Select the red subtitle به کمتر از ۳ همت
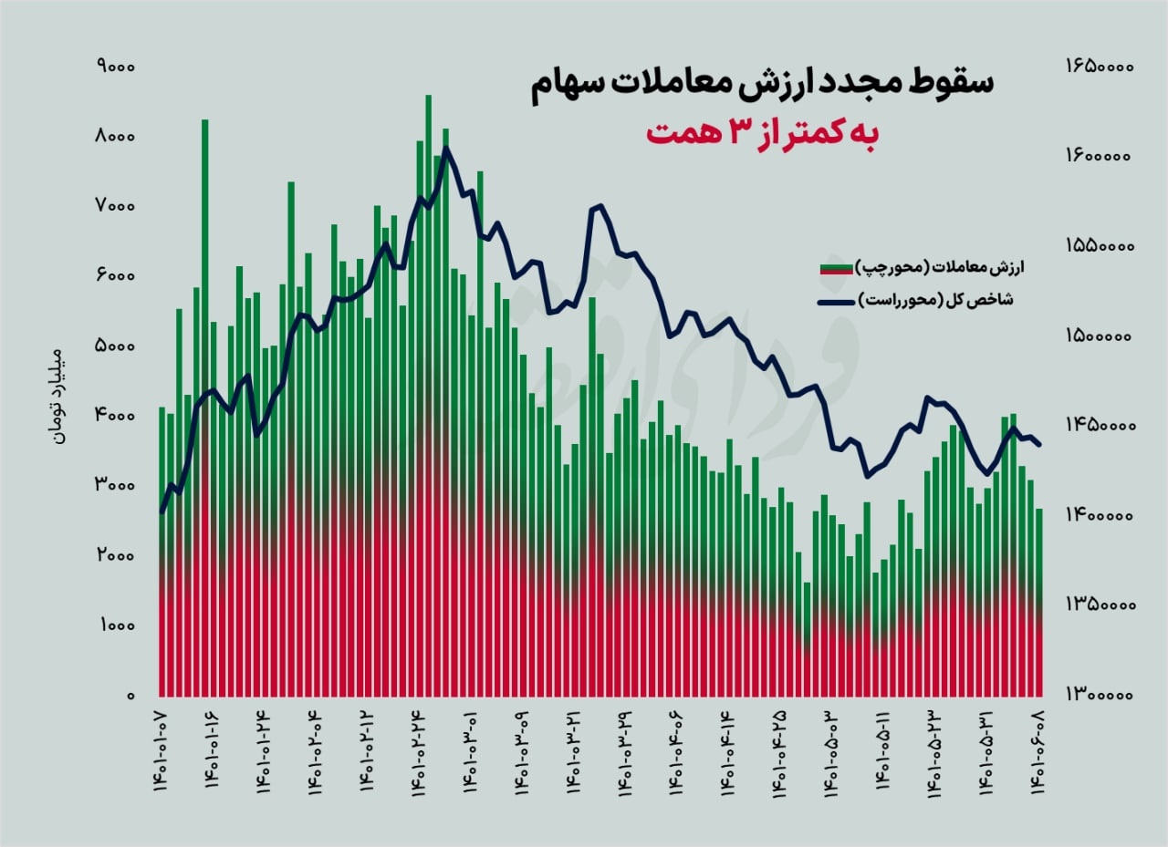(x=761, y=133)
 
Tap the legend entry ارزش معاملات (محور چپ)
(x=941, y=266)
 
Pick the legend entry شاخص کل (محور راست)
(x=941, y=300)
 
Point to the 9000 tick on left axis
(x=114, y=67)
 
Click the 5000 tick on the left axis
(x=114, y=346)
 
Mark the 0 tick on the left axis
(x=130, y=697)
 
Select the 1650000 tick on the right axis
(x=1098, y=67)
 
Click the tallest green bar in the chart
(x=428, y=274)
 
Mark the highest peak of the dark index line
(x=445, y=148)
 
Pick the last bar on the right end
(x=1038, y=602)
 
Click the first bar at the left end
(x=162, y=547)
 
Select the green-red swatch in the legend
(x=837, y=267)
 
